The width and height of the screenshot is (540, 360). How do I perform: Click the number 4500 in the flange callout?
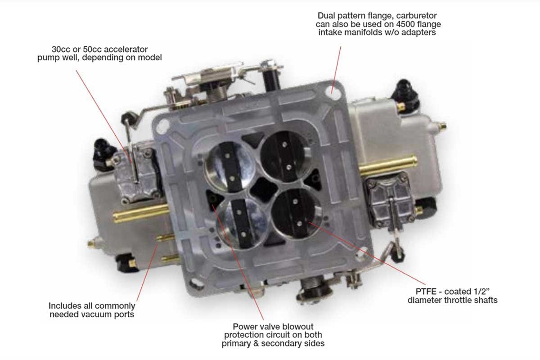point(404,24)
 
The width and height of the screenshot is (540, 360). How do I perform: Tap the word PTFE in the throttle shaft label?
point(426,292)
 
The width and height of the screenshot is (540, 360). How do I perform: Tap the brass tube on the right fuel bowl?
point(388,166)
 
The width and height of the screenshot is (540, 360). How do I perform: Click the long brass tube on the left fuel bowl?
point(141,213)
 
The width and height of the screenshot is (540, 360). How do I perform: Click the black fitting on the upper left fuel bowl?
point(104,154)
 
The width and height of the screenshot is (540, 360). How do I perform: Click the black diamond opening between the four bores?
point(264,189)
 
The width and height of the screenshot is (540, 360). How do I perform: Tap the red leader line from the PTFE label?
point(367,253)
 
